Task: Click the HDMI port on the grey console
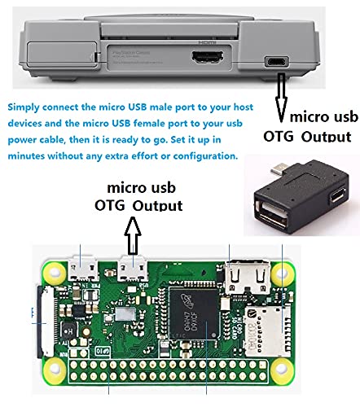point(208,57)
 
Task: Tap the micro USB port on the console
point(277,62)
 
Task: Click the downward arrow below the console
point(281,98)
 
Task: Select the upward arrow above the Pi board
point(133,235)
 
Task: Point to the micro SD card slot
point(267,330)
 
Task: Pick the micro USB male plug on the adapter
point(279,169)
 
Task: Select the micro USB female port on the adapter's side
point(338,195)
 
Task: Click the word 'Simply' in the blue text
point(24,107)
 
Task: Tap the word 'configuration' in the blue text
point(205,156)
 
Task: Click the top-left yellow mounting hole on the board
point(55,272)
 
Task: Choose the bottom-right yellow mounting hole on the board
point(282,369)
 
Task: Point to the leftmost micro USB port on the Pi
point(83,269)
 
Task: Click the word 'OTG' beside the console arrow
point(279,136)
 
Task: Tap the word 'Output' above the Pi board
point(157,206)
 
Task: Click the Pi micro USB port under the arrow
point(133,269)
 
